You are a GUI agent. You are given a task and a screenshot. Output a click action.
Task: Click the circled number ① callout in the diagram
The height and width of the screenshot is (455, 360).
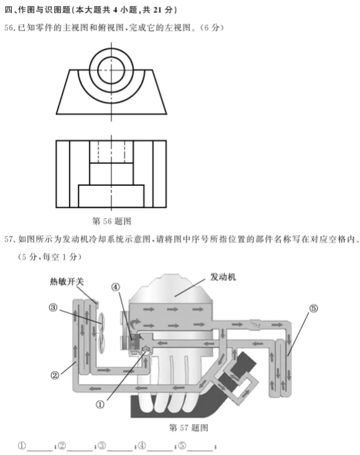(x=100, y=404)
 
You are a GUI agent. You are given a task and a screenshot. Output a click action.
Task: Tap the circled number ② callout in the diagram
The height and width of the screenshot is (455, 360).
(x=55, y=375)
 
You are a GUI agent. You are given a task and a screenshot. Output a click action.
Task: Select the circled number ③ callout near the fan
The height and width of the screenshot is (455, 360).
(x=53, y=307)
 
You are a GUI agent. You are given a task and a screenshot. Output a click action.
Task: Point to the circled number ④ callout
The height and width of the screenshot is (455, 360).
(x=116, y=287)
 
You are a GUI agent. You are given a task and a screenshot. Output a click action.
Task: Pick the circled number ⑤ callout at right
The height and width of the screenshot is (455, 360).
(x=314, y=308)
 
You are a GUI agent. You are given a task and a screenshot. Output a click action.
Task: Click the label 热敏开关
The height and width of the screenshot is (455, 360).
(x=67, y=282)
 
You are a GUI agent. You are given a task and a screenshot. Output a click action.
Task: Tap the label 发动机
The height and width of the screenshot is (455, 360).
(x=223, y=277)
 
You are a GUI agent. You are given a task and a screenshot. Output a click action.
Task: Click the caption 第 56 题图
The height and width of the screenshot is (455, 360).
(x=112, y=221)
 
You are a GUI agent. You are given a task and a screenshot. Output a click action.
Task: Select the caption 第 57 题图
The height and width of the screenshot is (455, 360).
(x=189, y=427)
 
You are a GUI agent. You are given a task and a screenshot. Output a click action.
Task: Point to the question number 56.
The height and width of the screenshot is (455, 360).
(x=8, y=28)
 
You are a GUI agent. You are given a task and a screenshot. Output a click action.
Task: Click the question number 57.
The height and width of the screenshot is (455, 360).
(x=8, y=239)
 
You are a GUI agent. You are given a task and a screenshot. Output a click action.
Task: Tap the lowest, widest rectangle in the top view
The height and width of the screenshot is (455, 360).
(x=111, y=196)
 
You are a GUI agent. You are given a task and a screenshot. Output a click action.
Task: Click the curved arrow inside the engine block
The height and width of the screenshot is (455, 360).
(x=136, y=323)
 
